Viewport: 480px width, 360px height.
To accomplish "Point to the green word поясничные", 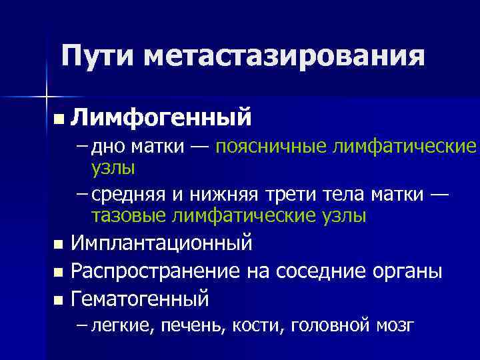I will tap(273, 147).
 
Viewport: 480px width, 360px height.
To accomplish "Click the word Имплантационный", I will tap(162, 243).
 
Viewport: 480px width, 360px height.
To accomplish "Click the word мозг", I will tap(394, 325).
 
